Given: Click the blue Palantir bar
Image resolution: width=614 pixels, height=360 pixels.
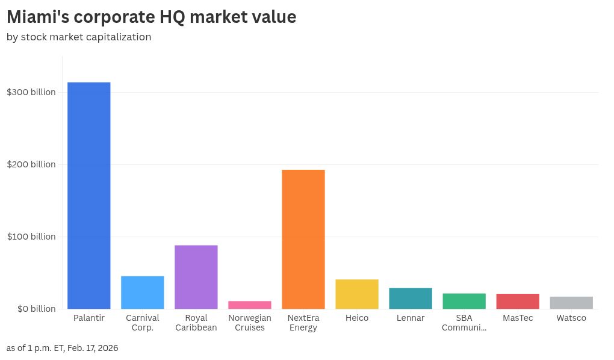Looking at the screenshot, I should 88,196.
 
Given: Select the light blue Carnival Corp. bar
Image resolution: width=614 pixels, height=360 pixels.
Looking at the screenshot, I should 142,293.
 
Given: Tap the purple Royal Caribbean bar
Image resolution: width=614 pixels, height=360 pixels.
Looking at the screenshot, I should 196,277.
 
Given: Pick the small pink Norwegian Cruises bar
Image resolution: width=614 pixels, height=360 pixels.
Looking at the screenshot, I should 249,305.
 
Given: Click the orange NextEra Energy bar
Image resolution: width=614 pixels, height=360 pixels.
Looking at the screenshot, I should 303,239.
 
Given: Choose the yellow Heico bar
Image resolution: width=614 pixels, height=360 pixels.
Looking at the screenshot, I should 357,294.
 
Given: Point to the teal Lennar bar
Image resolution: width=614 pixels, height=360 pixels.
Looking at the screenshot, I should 411,298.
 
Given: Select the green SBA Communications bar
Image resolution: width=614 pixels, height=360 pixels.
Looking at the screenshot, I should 464,301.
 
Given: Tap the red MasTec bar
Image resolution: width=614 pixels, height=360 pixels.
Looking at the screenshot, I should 518,301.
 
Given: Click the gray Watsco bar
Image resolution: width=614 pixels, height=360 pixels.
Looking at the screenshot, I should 571,302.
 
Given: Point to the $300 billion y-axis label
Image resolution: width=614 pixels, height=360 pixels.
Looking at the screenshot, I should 31,92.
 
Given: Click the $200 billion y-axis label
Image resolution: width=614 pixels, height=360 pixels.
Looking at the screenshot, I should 31,164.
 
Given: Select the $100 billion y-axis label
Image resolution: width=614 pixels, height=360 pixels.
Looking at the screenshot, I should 31,237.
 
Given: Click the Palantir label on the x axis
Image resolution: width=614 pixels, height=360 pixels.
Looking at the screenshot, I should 88,318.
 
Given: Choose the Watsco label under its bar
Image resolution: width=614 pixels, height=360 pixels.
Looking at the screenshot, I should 571,318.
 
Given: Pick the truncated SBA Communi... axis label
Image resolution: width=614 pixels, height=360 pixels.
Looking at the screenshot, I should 464,323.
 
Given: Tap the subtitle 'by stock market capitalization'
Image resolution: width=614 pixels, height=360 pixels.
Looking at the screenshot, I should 79,37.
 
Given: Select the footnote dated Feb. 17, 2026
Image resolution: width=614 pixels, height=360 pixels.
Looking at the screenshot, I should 63,348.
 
